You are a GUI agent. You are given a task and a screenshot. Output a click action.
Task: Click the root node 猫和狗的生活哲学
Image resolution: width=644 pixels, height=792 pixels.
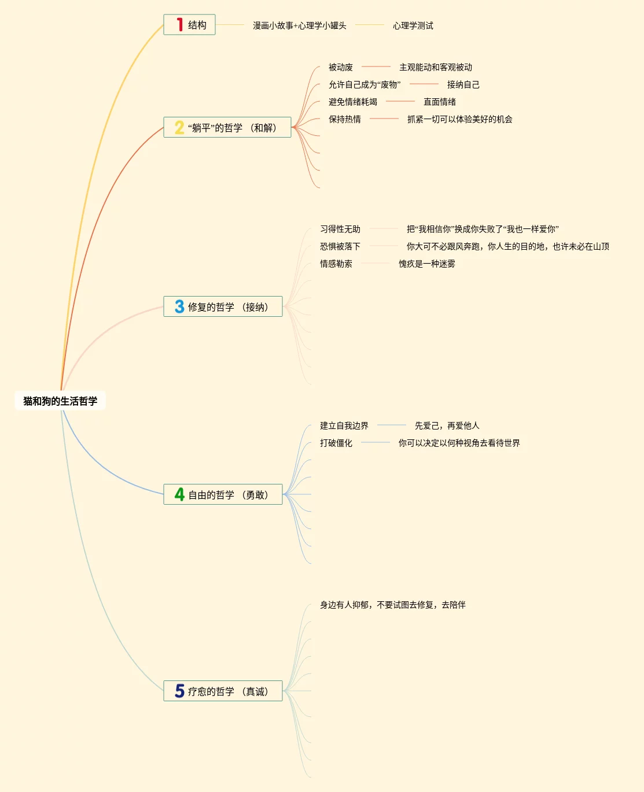click(x=60, y=401)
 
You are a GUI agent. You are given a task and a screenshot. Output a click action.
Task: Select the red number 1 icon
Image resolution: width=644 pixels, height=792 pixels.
click(x=180, y=25)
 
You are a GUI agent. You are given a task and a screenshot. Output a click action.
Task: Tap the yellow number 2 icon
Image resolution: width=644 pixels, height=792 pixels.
click(x=179, y=127)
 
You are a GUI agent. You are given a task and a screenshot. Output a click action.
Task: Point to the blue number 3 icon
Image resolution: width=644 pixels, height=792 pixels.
click(x=179, y=306)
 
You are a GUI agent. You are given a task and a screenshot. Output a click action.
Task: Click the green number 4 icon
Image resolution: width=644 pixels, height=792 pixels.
click(x=179, y=494)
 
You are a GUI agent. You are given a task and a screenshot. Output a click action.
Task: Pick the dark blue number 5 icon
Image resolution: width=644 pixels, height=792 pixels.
click(x=179, y=691)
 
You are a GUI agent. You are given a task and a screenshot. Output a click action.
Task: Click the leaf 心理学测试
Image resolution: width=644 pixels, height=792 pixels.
click(x=413, y=25)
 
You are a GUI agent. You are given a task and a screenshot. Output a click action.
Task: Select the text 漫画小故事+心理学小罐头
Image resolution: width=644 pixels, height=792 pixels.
click(x=299, y=25)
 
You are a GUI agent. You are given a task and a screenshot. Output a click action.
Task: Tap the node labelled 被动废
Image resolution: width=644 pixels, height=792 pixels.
click(x=340, y=67)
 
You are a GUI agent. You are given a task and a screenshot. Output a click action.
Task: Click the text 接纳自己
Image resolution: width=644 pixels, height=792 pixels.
click(x=463, y=84)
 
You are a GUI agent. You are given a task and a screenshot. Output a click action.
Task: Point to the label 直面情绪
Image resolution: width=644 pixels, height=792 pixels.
click(x=439, y=102)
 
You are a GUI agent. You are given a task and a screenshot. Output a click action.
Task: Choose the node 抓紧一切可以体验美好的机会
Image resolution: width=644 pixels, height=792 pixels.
click(x=459, y=119)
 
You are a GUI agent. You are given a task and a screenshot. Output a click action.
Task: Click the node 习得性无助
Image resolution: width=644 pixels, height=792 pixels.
click(x=340, y=229)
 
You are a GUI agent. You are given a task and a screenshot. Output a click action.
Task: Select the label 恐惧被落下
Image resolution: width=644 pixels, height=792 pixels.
click(x=340, y=246)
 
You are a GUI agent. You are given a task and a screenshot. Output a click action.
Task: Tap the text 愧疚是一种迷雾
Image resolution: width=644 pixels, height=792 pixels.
click(x=426, y=264)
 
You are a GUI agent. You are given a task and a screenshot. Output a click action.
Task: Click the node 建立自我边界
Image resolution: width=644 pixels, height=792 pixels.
click(x=344, y=425)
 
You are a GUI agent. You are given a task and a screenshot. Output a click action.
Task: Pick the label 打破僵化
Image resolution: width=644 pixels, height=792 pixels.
click(x=336, y=443)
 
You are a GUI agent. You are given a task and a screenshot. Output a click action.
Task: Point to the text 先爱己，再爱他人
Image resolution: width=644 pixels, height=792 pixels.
click(x=447, y=425)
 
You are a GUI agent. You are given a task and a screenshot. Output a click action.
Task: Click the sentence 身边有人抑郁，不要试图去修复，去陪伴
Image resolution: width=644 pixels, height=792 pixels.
click(x=392, y=605)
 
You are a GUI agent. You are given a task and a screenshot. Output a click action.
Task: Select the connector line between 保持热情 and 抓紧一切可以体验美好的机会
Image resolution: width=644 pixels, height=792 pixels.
click(x=384, y=119)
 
